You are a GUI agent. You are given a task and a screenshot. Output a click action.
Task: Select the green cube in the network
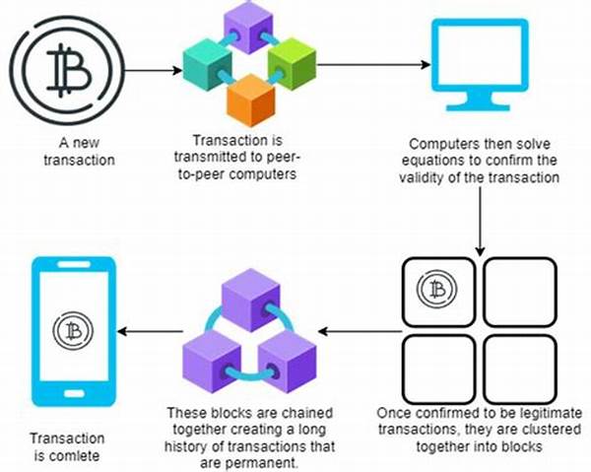point(290,63)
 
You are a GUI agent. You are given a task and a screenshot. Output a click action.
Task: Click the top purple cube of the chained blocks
point(251,292)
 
